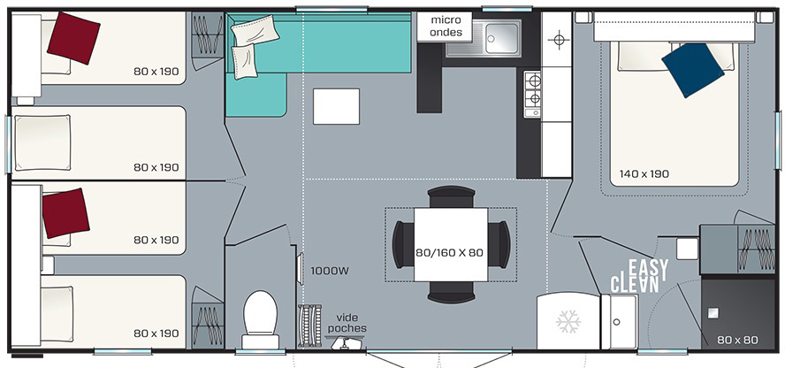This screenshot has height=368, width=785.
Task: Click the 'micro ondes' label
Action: coord(445,27)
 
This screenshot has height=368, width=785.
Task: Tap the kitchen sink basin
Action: coord(503,37)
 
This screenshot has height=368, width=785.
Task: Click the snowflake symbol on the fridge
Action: coord(568,321)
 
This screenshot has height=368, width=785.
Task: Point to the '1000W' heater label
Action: coord(330,272)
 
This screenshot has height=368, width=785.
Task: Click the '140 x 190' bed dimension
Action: coord(644,174)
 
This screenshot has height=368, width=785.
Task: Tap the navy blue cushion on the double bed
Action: coord(692,70)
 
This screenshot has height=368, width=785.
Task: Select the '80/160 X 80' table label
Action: coord(450,253)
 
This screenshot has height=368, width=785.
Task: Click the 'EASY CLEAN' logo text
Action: coord(639,276)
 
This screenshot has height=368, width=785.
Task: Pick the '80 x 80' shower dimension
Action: coord(737,340)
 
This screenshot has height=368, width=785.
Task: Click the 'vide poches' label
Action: coord(350,323)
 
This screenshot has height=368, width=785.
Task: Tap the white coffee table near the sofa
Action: coord(337,106)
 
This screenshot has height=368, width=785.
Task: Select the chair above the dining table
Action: coord(452,196)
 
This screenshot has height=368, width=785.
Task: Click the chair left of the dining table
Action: coord(403,245)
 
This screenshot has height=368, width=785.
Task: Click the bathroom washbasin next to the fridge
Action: coord(620,321)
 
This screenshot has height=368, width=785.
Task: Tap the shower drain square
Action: coord(713,313)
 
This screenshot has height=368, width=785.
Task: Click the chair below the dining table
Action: coord(452,293)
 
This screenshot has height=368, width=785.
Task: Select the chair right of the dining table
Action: coord(499,245)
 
